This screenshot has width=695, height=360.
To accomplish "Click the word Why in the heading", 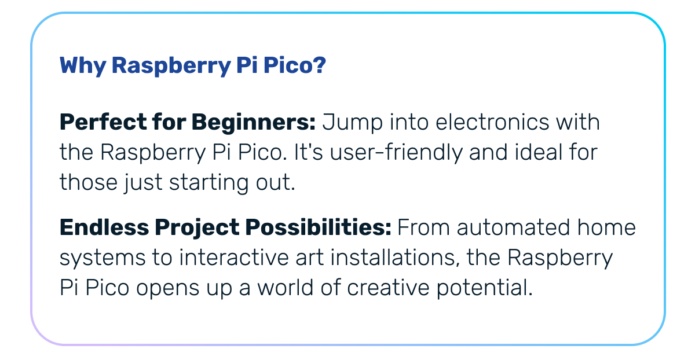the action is [83, 66].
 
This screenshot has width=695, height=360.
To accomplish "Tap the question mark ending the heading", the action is [319, 65].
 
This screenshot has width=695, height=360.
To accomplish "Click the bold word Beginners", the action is [254, 123].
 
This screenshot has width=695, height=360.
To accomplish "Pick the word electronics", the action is [492, 122].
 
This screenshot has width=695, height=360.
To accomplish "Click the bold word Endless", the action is [104, 227].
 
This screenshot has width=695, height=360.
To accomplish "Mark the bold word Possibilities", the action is [319, 227].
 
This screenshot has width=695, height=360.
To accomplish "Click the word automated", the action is [514, 227].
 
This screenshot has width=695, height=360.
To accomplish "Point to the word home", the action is [606, 227].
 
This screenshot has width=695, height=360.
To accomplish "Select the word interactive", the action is [234, 258].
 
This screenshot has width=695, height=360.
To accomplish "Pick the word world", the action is [286, 288].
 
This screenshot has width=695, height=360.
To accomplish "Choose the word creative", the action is [388, 288].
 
